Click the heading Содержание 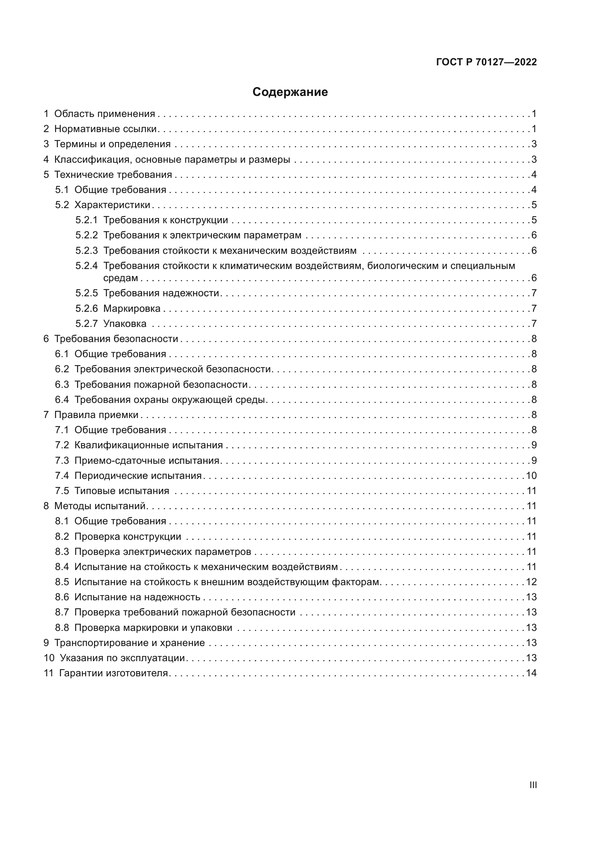pyautogui.click(x=290, y=92)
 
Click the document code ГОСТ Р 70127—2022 pyautogui.click(x=486, y=62)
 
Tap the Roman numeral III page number pyautogui.click(x=533, y=785)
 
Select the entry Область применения pyautogui.click(x=104, y=114)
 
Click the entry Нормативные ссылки pyautogui.click(x=105, y=129)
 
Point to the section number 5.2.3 pyautogui.click(x=86, y=251)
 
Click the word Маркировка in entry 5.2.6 pyautogui.click(x=132, y=308)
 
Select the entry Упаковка pyautogui.click(x=125, y=324)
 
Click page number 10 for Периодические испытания pyautogui.click(x=531, y=476)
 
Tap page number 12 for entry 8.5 pyautogui.click(x=531, y=582)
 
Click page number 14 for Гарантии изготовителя pyautogui.click(x=531, y=673)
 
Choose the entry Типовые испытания pyautogui.click(x=122, y=491)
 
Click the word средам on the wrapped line pyautogui.click(x=121, y=278)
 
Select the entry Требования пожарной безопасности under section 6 pyautogui.click(x=161, y=384)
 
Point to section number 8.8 pyautogui.click(x=62, y=628)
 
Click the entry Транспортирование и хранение pyautogui.click(x=129, y=643)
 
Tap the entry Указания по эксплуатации pyautogui.click(x=122, y=658)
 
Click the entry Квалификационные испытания pyautogui.click(x=148, y=445)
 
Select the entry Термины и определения pyautogui.click(x=112, y=144)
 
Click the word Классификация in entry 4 pyautogui.click(x=92, y=160)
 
